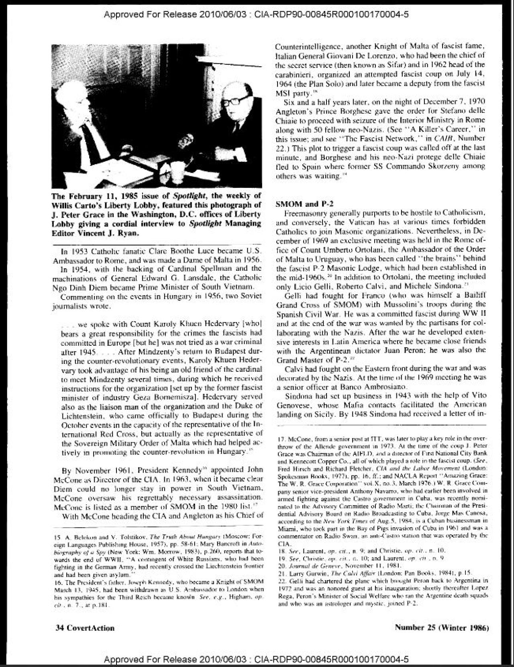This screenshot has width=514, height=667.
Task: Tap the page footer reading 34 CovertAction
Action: click(x=85, y=628)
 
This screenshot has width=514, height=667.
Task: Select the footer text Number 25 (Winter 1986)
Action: click(x=441, y=627)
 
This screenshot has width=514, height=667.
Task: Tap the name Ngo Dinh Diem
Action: click(x=79, y=287)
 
